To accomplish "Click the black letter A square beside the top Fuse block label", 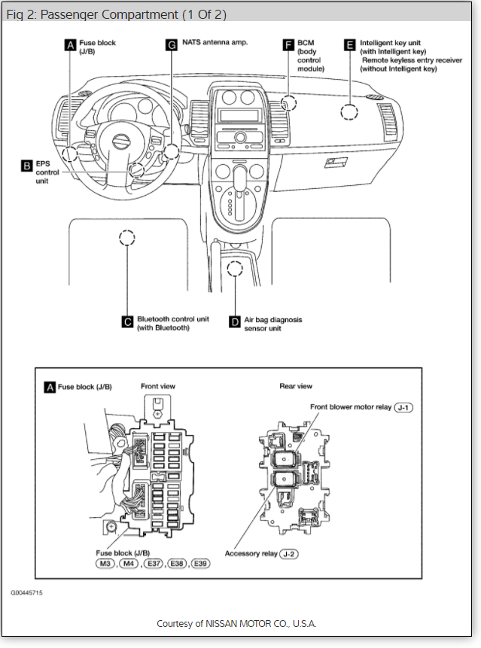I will [x=71, y=45].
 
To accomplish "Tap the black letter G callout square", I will [x=171, y=45].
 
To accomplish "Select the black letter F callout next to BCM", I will [x=288, y=45].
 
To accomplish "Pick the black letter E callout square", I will [x=349, y=45].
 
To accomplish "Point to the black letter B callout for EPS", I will [x=26, y=165].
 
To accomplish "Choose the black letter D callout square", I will [x=234, y=321].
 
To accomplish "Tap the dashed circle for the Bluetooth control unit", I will [x=127, y=239].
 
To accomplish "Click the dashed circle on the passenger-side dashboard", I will [x=349, y=113].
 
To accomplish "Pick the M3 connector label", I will [x=105, y=564].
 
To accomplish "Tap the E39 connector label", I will [x=199, y=564].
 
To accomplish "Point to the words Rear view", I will [x=296, y=386].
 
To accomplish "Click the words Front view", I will [x=158, y=386].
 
